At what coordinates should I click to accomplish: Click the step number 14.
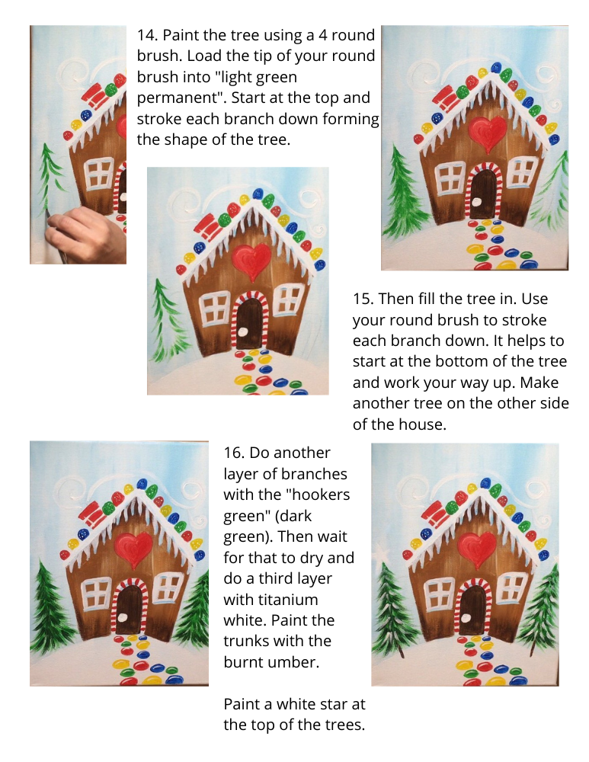tap(147, 36)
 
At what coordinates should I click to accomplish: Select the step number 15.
tap(363, 299)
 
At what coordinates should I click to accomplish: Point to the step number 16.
tap(234, 453)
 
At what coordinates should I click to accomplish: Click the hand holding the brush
tap(82, 235)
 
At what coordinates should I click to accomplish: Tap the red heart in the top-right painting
tap(488, 132)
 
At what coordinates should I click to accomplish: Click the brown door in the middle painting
tap(249, 322)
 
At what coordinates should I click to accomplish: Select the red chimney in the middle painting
tap(210, 227)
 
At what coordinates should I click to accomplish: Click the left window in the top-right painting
tap(450, 178)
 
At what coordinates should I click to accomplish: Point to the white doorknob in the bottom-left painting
tap(124, 618)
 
